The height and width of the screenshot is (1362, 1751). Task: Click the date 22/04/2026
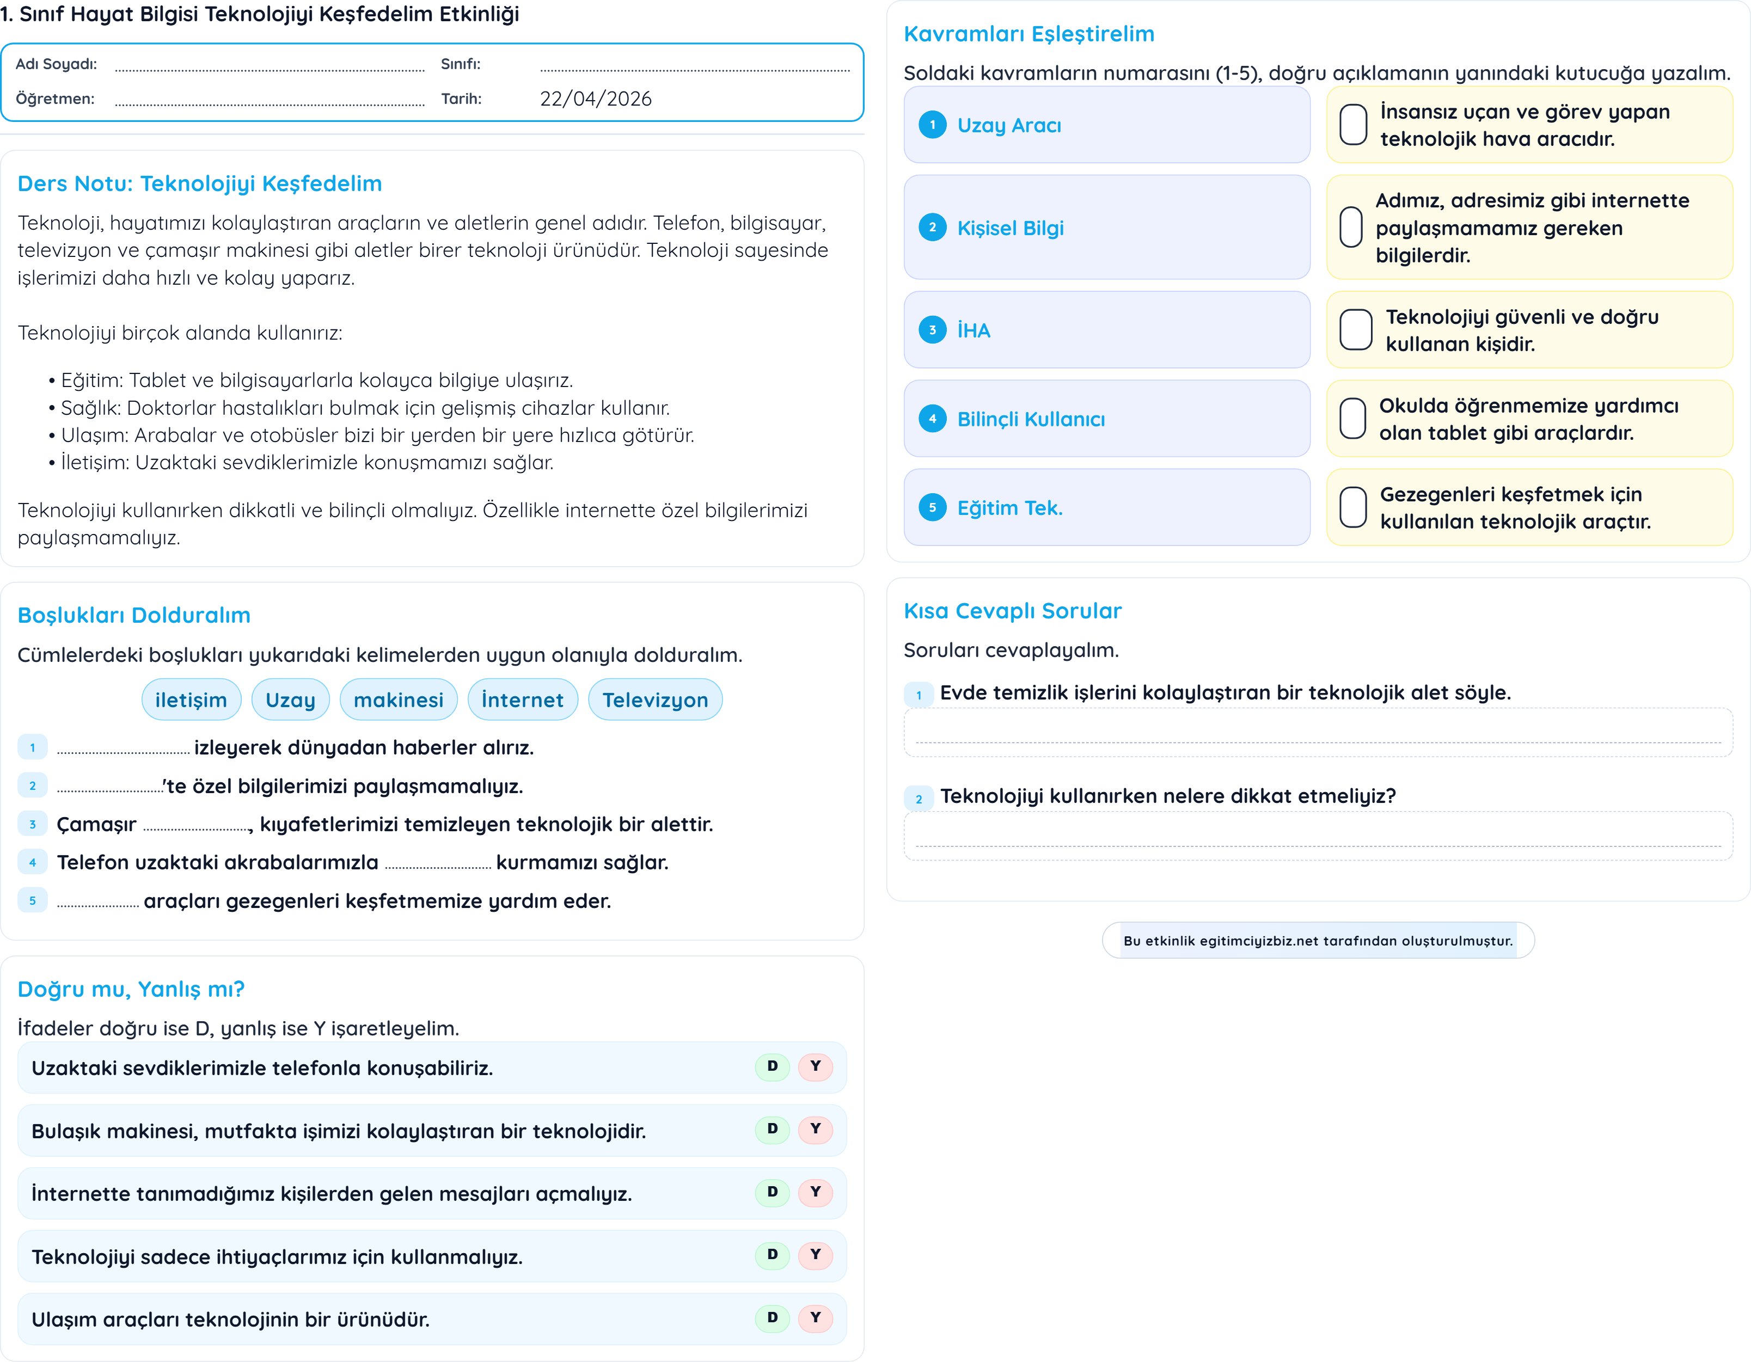[x=595, y=99]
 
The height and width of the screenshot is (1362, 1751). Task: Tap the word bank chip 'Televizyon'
[x=654, y=700]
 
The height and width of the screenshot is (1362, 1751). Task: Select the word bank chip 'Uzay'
[x=290, y=700]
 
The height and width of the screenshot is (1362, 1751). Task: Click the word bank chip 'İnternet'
[x=522, y=700]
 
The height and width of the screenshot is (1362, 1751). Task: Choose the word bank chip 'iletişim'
[x=191, y=700]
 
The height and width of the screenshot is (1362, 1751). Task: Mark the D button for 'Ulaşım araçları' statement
[x=772, y=1318]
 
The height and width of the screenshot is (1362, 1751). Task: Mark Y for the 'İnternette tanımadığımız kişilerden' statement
[x=816, y=1192]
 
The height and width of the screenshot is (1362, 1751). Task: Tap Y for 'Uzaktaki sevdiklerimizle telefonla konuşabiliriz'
[x=816, y=1067]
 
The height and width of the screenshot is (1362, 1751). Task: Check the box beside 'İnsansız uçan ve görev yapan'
[x=1354, y=125]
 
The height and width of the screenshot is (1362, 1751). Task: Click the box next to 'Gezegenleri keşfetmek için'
[x=1354, y=507]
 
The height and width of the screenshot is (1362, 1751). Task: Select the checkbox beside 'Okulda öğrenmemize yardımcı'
[x=1354, y=419]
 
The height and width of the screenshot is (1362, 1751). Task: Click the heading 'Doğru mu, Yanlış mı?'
[x=131, y=989]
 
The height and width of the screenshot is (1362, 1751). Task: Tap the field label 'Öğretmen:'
[x=56, y=99]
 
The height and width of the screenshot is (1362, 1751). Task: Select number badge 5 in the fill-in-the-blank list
[x=33, y=901]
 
